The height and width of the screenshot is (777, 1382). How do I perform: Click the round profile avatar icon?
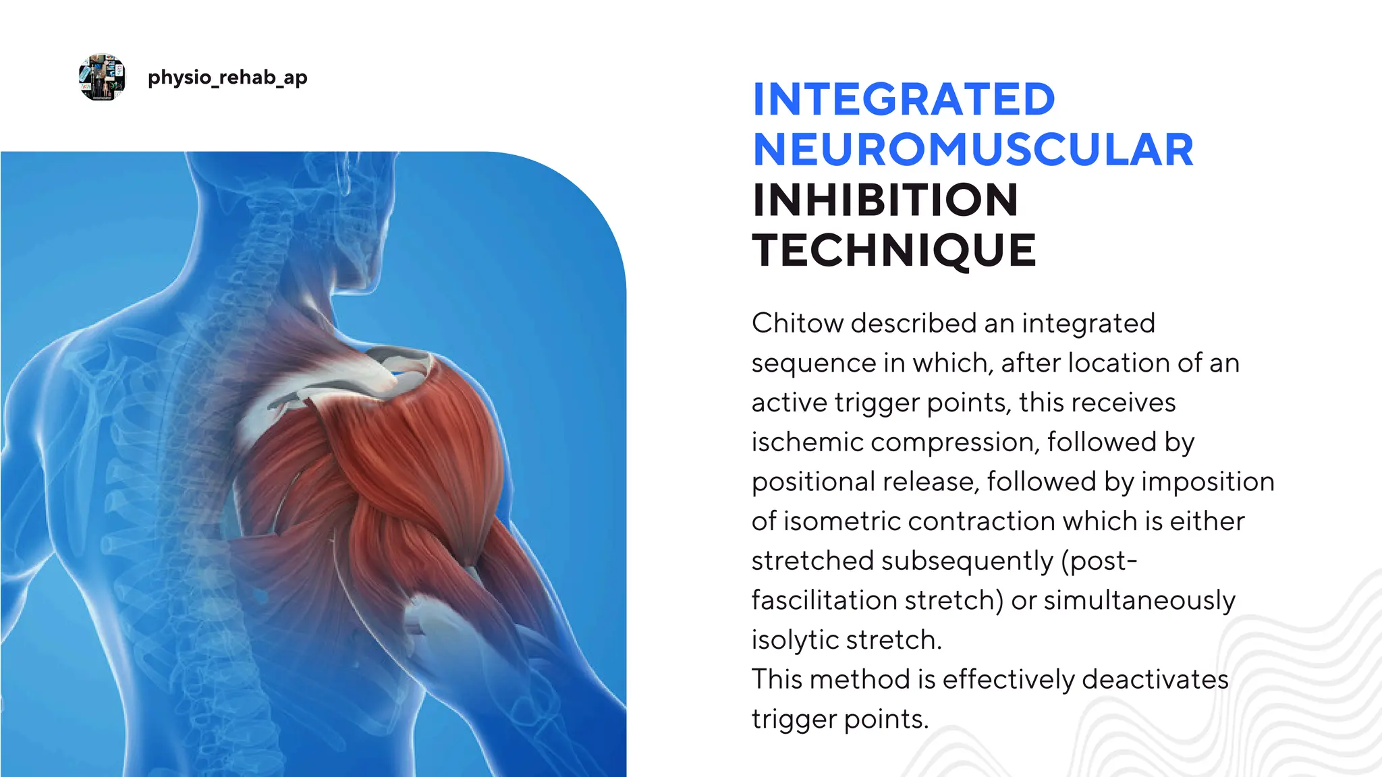102,78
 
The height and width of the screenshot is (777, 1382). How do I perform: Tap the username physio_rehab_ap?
227,78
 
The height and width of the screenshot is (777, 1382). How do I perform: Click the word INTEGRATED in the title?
904,100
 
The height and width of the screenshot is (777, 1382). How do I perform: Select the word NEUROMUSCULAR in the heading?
973,150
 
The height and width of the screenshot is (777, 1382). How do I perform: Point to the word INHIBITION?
885,200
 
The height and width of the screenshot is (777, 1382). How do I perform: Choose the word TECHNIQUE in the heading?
894,250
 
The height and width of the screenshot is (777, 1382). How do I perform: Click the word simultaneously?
1140,600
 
